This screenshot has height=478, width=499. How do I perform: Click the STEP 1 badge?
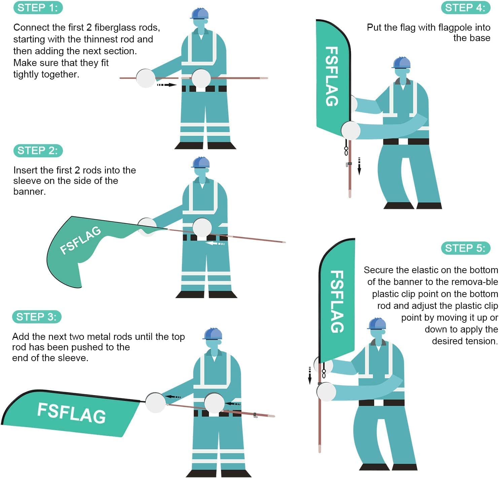pyautogui.click(x=38, y=8)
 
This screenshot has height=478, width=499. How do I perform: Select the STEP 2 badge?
pyautogui.click(x=38, y=151)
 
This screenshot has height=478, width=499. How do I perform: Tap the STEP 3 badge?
pyautogui.click(x=37, y=317)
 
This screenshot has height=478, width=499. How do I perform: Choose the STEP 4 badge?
pyautogui.click(x=465, y=8)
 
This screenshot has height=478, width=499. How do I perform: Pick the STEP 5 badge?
pyautogui.click(x=465, y=248)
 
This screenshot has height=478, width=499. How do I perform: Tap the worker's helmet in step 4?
pyautogui.click(x=401, y=63)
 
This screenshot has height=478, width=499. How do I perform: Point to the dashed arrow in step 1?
pyautogui.click(x=167, y=85)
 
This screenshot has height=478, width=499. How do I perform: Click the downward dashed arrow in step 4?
pyautogui.click(x=359, y=166)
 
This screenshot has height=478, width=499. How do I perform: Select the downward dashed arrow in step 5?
pyautogui.click(x=310, y=375)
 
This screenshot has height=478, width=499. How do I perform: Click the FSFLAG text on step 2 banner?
pyautogui.click(x=80, y=240)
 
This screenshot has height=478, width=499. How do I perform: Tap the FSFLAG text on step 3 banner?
pyautogui.click(x=71, y=412)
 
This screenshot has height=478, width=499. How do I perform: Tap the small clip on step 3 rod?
pyautogui.click(x=255, y=415)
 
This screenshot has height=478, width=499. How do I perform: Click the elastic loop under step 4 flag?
pyautogui.click(x=346, y=150)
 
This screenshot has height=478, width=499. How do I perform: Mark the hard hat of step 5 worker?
pyautogui.click(x=377, y=324)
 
